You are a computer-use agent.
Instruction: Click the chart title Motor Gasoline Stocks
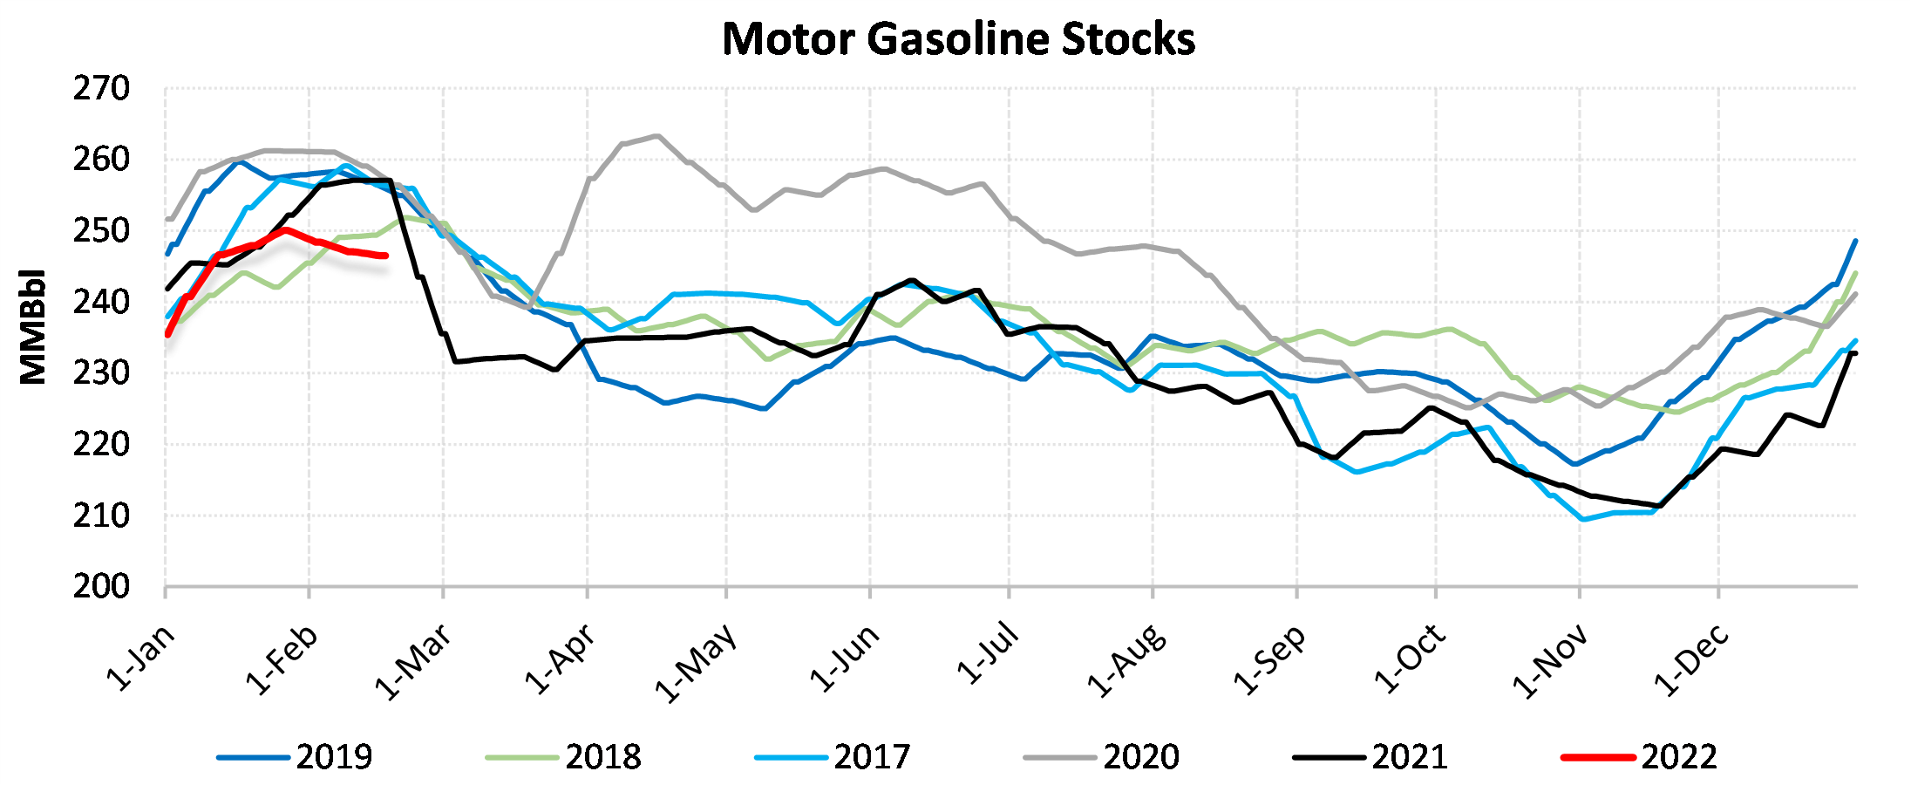[958, 39]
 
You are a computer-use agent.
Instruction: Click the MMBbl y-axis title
[33, 326]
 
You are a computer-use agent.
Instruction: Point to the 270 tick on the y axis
[101, 89]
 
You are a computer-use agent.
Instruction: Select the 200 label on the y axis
[101, 586]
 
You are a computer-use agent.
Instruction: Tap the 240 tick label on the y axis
[101, 303]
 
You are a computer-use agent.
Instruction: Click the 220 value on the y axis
[101, 445]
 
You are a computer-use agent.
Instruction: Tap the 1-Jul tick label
[988, 654]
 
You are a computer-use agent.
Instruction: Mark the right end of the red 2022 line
[385, 256]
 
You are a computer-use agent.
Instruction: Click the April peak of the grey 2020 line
[656, 136]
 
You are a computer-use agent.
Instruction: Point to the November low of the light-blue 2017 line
[1583, 519]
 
